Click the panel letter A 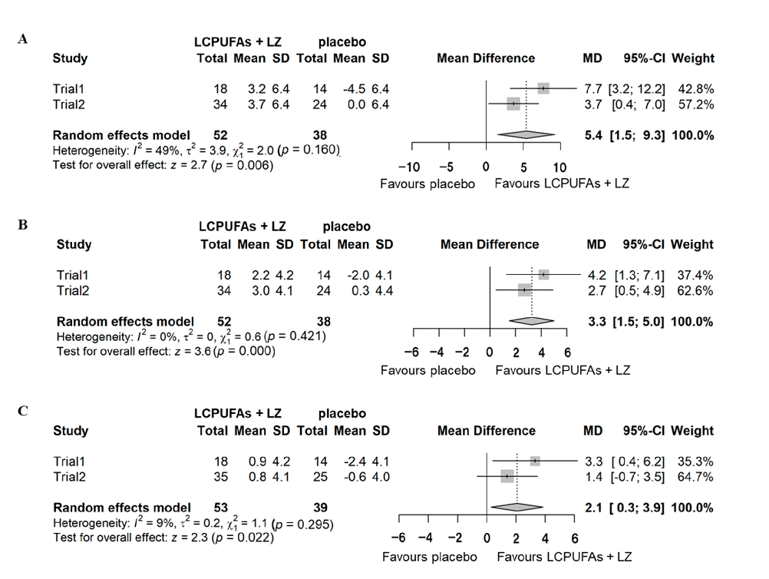point(23,38)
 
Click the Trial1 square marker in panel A point(543,88)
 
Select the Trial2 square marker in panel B point(524,289)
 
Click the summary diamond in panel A point(526,135)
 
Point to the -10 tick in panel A point(412,167)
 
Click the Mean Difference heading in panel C point(486,431)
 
